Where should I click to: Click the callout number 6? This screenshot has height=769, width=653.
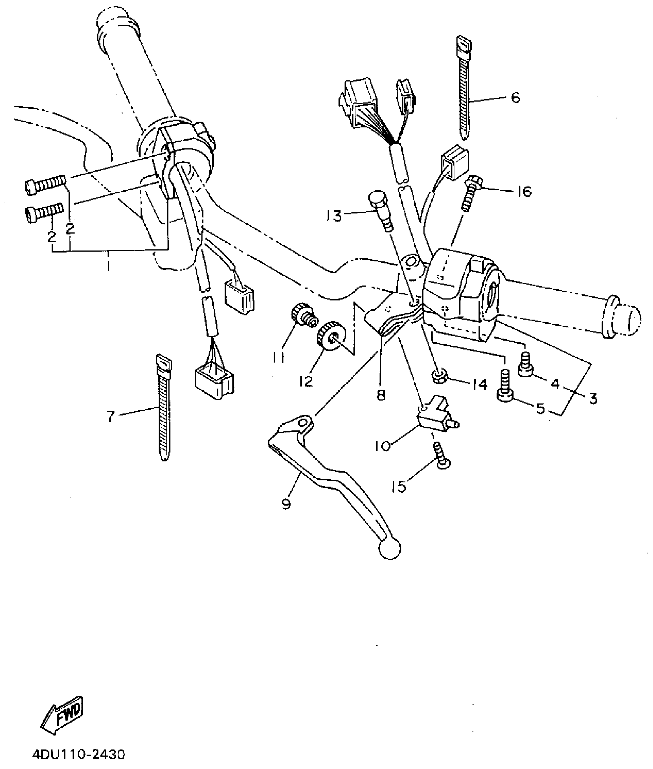pos(515,98)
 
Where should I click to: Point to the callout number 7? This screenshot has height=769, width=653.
pos(111,416)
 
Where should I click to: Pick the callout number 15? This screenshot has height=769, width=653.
pos(399,487)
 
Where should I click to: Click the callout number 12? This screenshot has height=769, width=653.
pos(306,381)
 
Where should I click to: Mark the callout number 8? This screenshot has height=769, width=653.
pos(381,395)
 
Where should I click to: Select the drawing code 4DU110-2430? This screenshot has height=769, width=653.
pos(78,756)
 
